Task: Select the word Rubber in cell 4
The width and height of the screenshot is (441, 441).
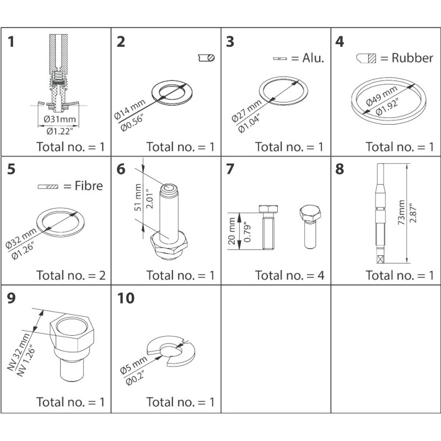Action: (x=412, y=58)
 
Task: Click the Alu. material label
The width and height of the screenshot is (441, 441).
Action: (x=313, y=58)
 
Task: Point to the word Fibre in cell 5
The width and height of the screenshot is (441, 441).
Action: (x=89, y=186)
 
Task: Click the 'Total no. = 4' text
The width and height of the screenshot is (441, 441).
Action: (x=290, y=275)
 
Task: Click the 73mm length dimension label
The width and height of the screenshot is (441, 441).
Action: (x=401, y=212)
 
